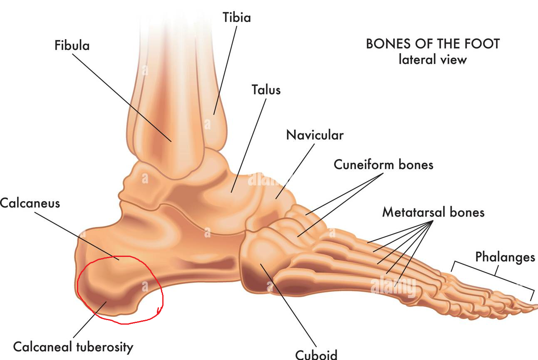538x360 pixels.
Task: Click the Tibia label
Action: pyautogui.click(x=237, y=17)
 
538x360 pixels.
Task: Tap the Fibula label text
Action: pyautogui.click(x=72, y=45)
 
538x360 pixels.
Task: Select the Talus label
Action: pyautogui.click(x=266, y=90)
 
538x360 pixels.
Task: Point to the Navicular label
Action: pyautogui.click(x=315, y=135)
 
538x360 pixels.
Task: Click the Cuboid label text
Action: pyautogui.click(x=316, y=355)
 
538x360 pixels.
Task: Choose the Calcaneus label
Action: pyautogui.click(x=30, y=203)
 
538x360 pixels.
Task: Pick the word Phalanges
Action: pyautogui.click(x=505, y=257)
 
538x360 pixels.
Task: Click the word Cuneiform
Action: pyautogui.click(x=364, y=165)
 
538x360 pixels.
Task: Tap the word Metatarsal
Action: pyautogui.click(x=414, y=212)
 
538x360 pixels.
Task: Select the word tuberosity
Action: pyautogui.click(x=105, y=347)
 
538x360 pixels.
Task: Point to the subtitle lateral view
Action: pyautogui.click(x=433, y=59)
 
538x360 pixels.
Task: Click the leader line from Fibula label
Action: pyautogui.click(x=122, y=98)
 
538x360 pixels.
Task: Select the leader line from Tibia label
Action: pyautogui.click(x=225, y=70)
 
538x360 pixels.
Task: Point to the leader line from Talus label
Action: pyautogui.click(x=248, y=145)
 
